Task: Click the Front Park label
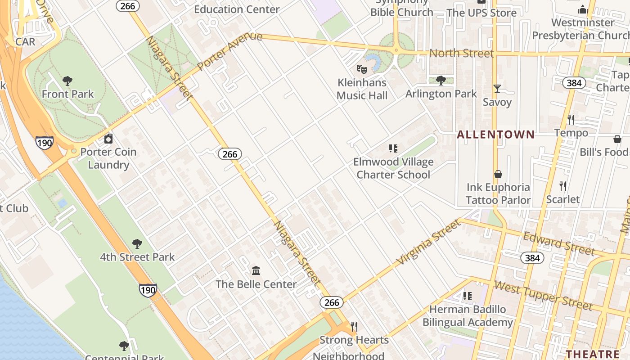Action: point(67,94)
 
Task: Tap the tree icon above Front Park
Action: point(67,81)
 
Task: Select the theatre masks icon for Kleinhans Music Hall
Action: point(361,69)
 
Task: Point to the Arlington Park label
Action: point(441,94)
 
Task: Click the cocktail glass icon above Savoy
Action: point(497,89)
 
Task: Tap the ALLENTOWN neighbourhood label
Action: point(496,135)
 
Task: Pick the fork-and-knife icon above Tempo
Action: point(571,120)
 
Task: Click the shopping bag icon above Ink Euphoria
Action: point(498,174)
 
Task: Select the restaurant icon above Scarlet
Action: point(562,186)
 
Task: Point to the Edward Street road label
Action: point(558,243)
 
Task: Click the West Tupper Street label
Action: point(543,295)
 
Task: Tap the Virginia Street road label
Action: point(429,242)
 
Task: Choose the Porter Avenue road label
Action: point(229,50)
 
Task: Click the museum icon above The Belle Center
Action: point(256,271)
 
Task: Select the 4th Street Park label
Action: point(137,257)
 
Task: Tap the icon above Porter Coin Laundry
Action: point(108,139)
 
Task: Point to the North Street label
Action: point(461,53)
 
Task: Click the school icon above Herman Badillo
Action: point(468,296)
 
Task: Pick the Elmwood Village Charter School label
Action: point(393,168)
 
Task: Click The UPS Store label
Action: point(481,13)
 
